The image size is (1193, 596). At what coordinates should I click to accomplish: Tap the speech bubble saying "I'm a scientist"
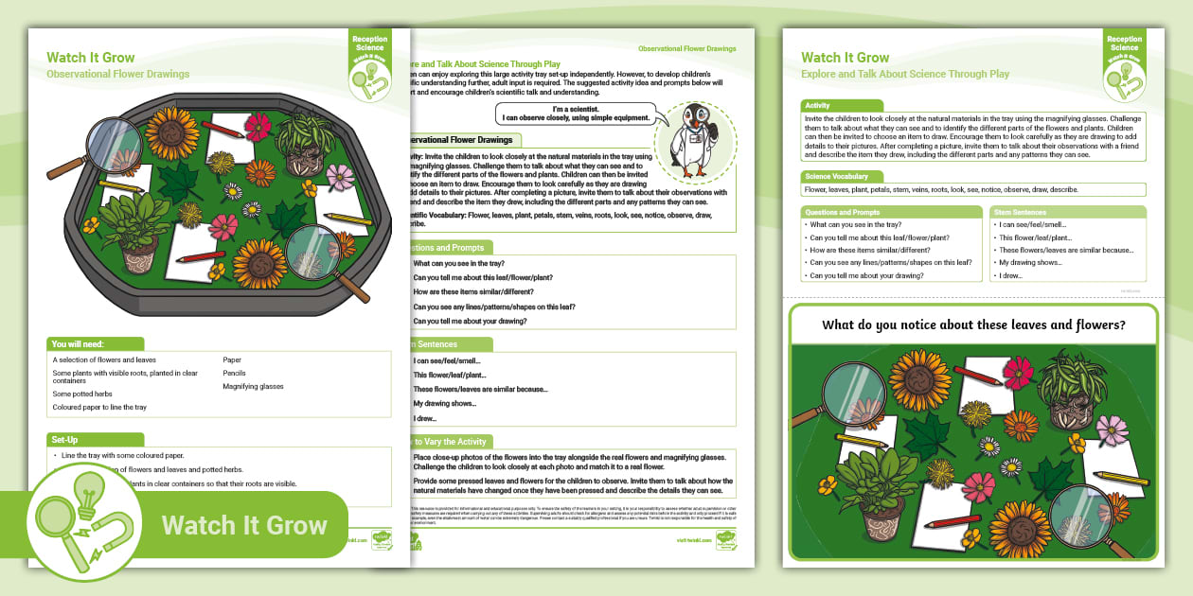point(576,114)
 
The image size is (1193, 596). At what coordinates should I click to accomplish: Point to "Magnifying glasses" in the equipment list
point(253,386)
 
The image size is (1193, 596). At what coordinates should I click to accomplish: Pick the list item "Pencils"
point(236,374)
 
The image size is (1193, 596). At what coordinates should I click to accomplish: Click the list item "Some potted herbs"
point(82,394)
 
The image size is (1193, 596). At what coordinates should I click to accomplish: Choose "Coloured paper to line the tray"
point(99,407)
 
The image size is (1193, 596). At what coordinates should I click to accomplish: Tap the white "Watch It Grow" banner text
point(244,526)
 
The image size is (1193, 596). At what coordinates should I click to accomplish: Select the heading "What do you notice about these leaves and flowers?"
point(973,325)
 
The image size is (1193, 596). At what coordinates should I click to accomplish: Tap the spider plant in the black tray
point(300,138)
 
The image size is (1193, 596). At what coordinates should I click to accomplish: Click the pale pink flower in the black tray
point(338,177)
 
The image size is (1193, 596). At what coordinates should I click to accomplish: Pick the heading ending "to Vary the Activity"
point(449,442)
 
